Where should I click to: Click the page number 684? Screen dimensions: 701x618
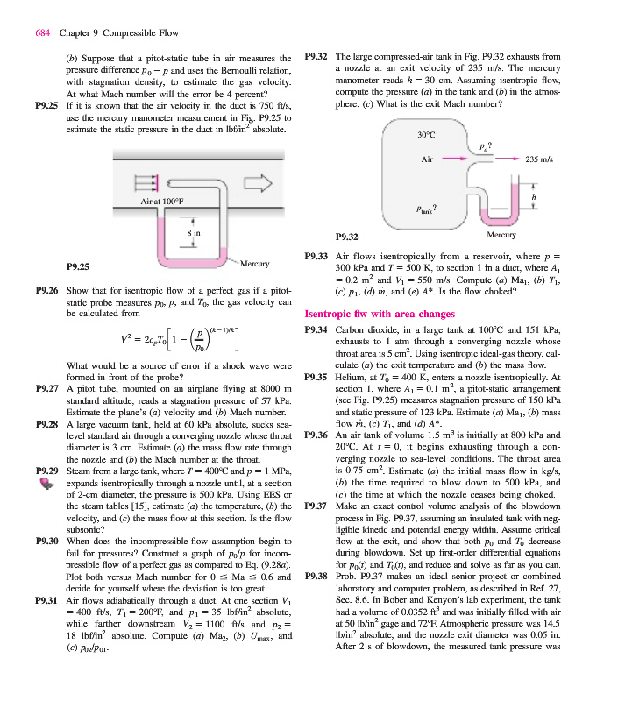42,33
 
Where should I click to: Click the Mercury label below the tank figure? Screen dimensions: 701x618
501,235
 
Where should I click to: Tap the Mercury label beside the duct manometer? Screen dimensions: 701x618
254,261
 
